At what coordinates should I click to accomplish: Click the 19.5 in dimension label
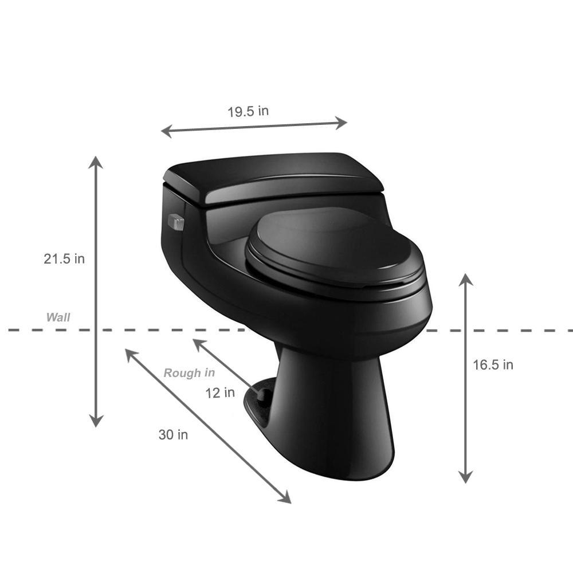pyautogui.click(x=248, y=111)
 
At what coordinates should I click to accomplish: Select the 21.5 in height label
pyautogui.click(x=64, y=259)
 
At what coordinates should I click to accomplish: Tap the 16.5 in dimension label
pyautogui.click(x=493, y=364)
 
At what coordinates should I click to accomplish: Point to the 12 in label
pyautogui.click(x=220, y=393)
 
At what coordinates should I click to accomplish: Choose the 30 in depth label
pyautogui.click(x=173, y=434)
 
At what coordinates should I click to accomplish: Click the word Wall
pyautogui.click(x=58, y=317)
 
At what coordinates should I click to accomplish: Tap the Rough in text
pyautogui.click(x=189, y=373)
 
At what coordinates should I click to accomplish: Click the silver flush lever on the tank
pyautogui.click(x=176, y=222)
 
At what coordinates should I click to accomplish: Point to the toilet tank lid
pyautogui.click(x=273, y=177)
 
